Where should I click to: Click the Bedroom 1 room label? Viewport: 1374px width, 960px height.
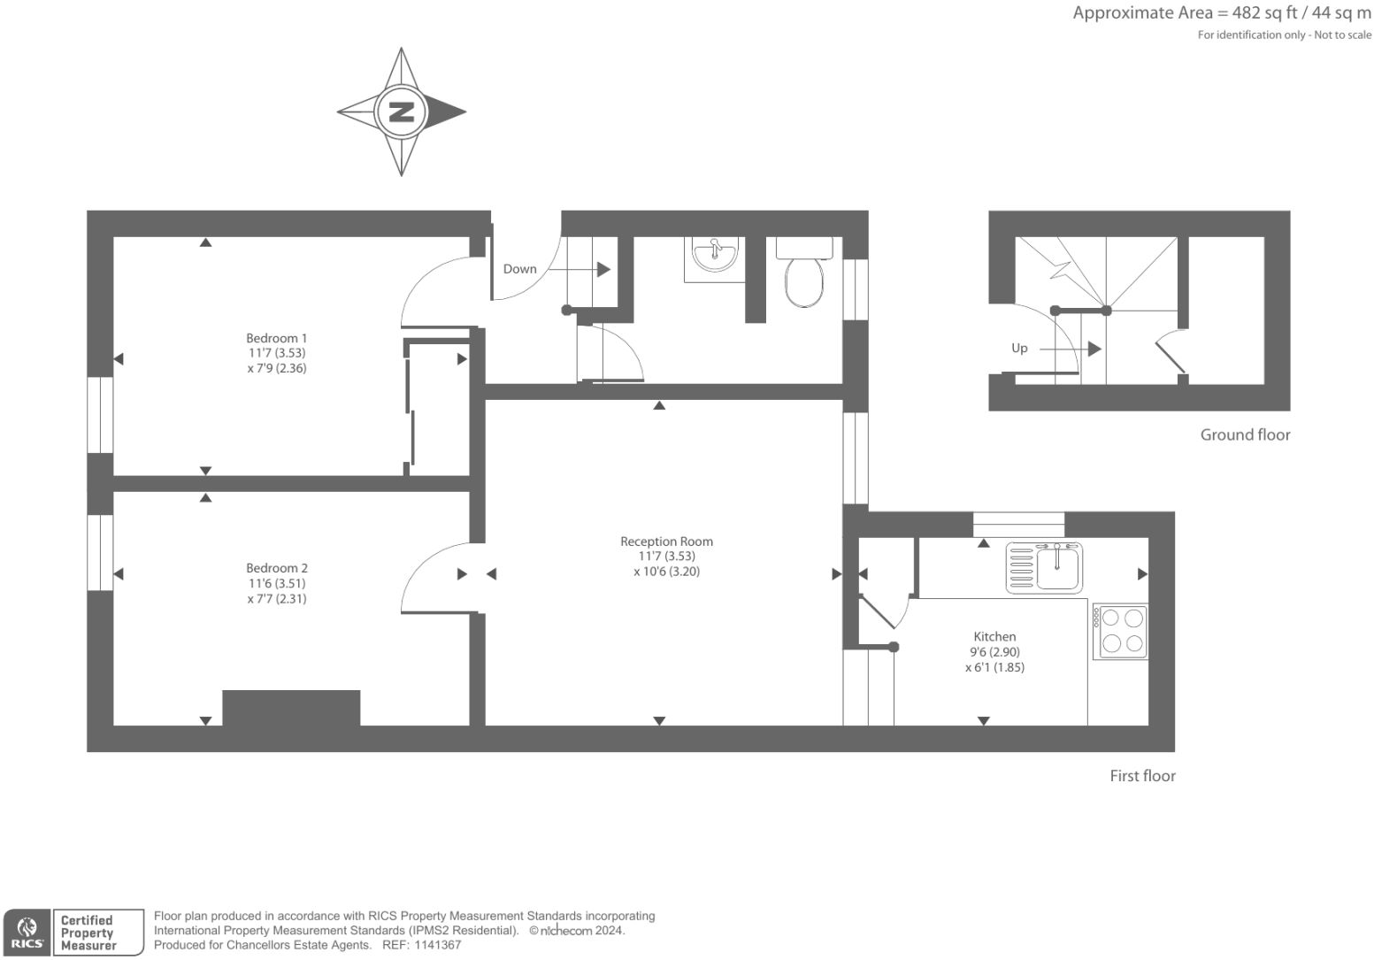[x=277, y=338]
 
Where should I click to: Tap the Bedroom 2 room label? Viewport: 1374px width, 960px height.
[x=277, y=568]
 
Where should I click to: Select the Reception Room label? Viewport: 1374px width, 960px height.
[x=667, y=541]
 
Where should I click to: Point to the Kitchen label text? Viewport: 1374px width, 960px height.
[x=994, y=636]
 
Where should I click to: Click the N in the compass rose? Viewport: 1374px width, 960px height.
[x=402, y=112]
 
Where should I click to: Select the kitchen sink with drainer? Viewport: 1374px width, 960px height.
[x=1044, y=567]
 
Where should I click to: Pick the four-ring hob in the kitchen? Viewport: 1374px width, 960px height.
[x=1120, y=631]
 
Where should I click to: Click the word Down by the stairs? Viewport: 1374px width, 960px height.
[x=519, y=269]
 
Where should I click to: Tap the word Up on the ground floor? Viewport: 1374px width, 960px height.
[x=1019, y=349]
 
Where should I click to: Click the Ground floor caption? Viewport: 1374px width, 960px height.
[x=1245, y=435]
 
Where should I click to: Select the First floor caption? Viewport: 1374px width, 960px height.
[x=1143, y=776]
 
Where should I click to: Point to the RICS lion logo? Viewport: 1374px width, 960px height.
[x=27, y=933]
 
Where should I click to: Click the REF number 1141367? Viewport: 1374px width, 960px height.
[x=437, y=945]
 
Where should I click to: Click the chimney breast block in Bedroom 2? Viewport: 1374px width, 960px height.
[x=291, y=708]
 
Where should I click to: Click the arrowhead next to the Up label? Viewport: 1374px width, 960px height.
[x=1094, y=349]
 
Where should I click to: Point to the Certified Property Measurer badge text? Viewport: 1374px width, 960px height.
[x=88, y=933]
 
